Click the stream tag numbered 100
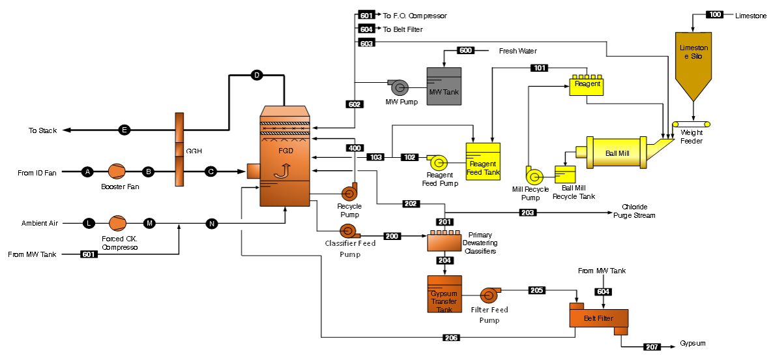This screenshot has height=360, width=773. pos(715,14)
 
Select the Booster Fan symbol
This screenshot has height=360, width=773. pos(117,172)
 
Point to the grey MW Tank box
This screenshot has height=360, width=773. pos(444,85)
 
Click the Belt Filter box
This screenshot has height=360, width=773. pos(598,318)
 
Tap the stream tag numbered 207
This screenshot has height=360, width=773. pos(652,346)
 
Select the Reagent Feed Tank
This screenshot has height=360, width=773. pos(483,161)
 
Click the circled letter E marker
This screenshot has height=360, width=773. pos(124,130)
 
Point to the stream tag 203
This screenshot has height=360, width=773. pos(528,213)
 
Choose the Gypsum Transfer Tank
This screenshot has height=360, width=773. pos(444,294)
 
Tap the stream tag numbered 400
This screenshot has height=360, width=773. pos(355,148)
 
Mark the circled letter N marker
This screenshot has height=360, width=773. pos(211,224)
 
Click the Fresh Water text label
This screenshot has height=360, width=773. pos(518,51)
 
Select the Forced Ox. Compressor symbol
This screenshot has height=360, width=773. pos(118,224)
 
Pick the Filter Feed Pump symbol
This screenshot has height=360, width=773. pos(489,296)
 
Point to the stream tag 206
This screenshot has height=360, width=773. pos(451,338)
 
